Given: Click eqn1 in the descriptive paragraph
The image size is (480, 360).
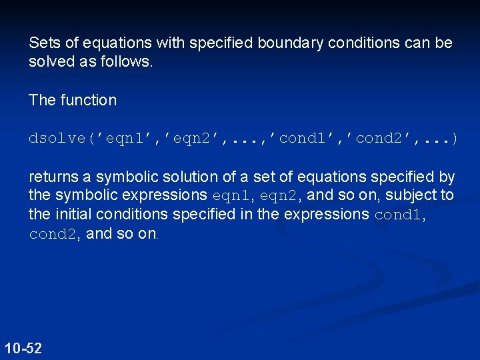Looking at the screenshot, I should tap(231, 196).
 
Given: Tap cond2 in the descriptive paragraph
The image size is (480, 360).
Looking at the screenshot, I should tap(53, 234).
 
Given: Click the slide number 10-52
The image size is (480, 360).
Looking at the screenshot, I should tap(23, 348).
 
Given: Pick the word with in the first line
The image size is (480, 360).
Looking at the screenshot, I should tap(170, 43).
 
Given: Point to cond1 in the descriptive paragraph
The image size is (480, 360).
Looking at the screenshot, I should tap(397, 215).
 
